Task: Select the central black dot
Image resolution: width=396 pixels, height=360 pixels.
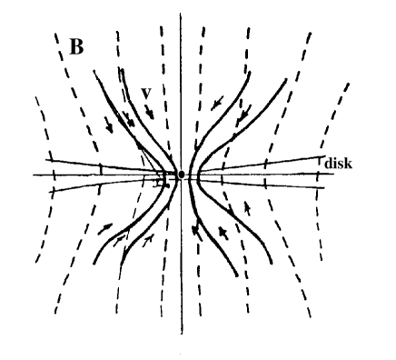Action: click(182, 174)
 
